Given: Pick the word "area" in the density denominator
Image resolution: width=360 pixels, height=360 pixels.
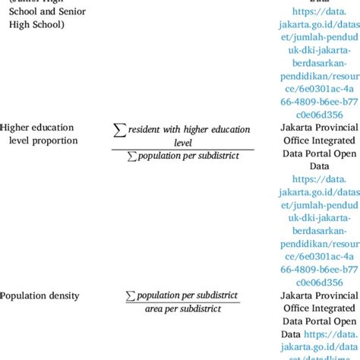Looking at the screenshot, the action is (x=154, y=309).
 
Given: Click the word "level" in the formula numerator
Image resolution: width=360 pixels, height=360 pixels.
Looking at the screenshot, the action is (x=182, y=141).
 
